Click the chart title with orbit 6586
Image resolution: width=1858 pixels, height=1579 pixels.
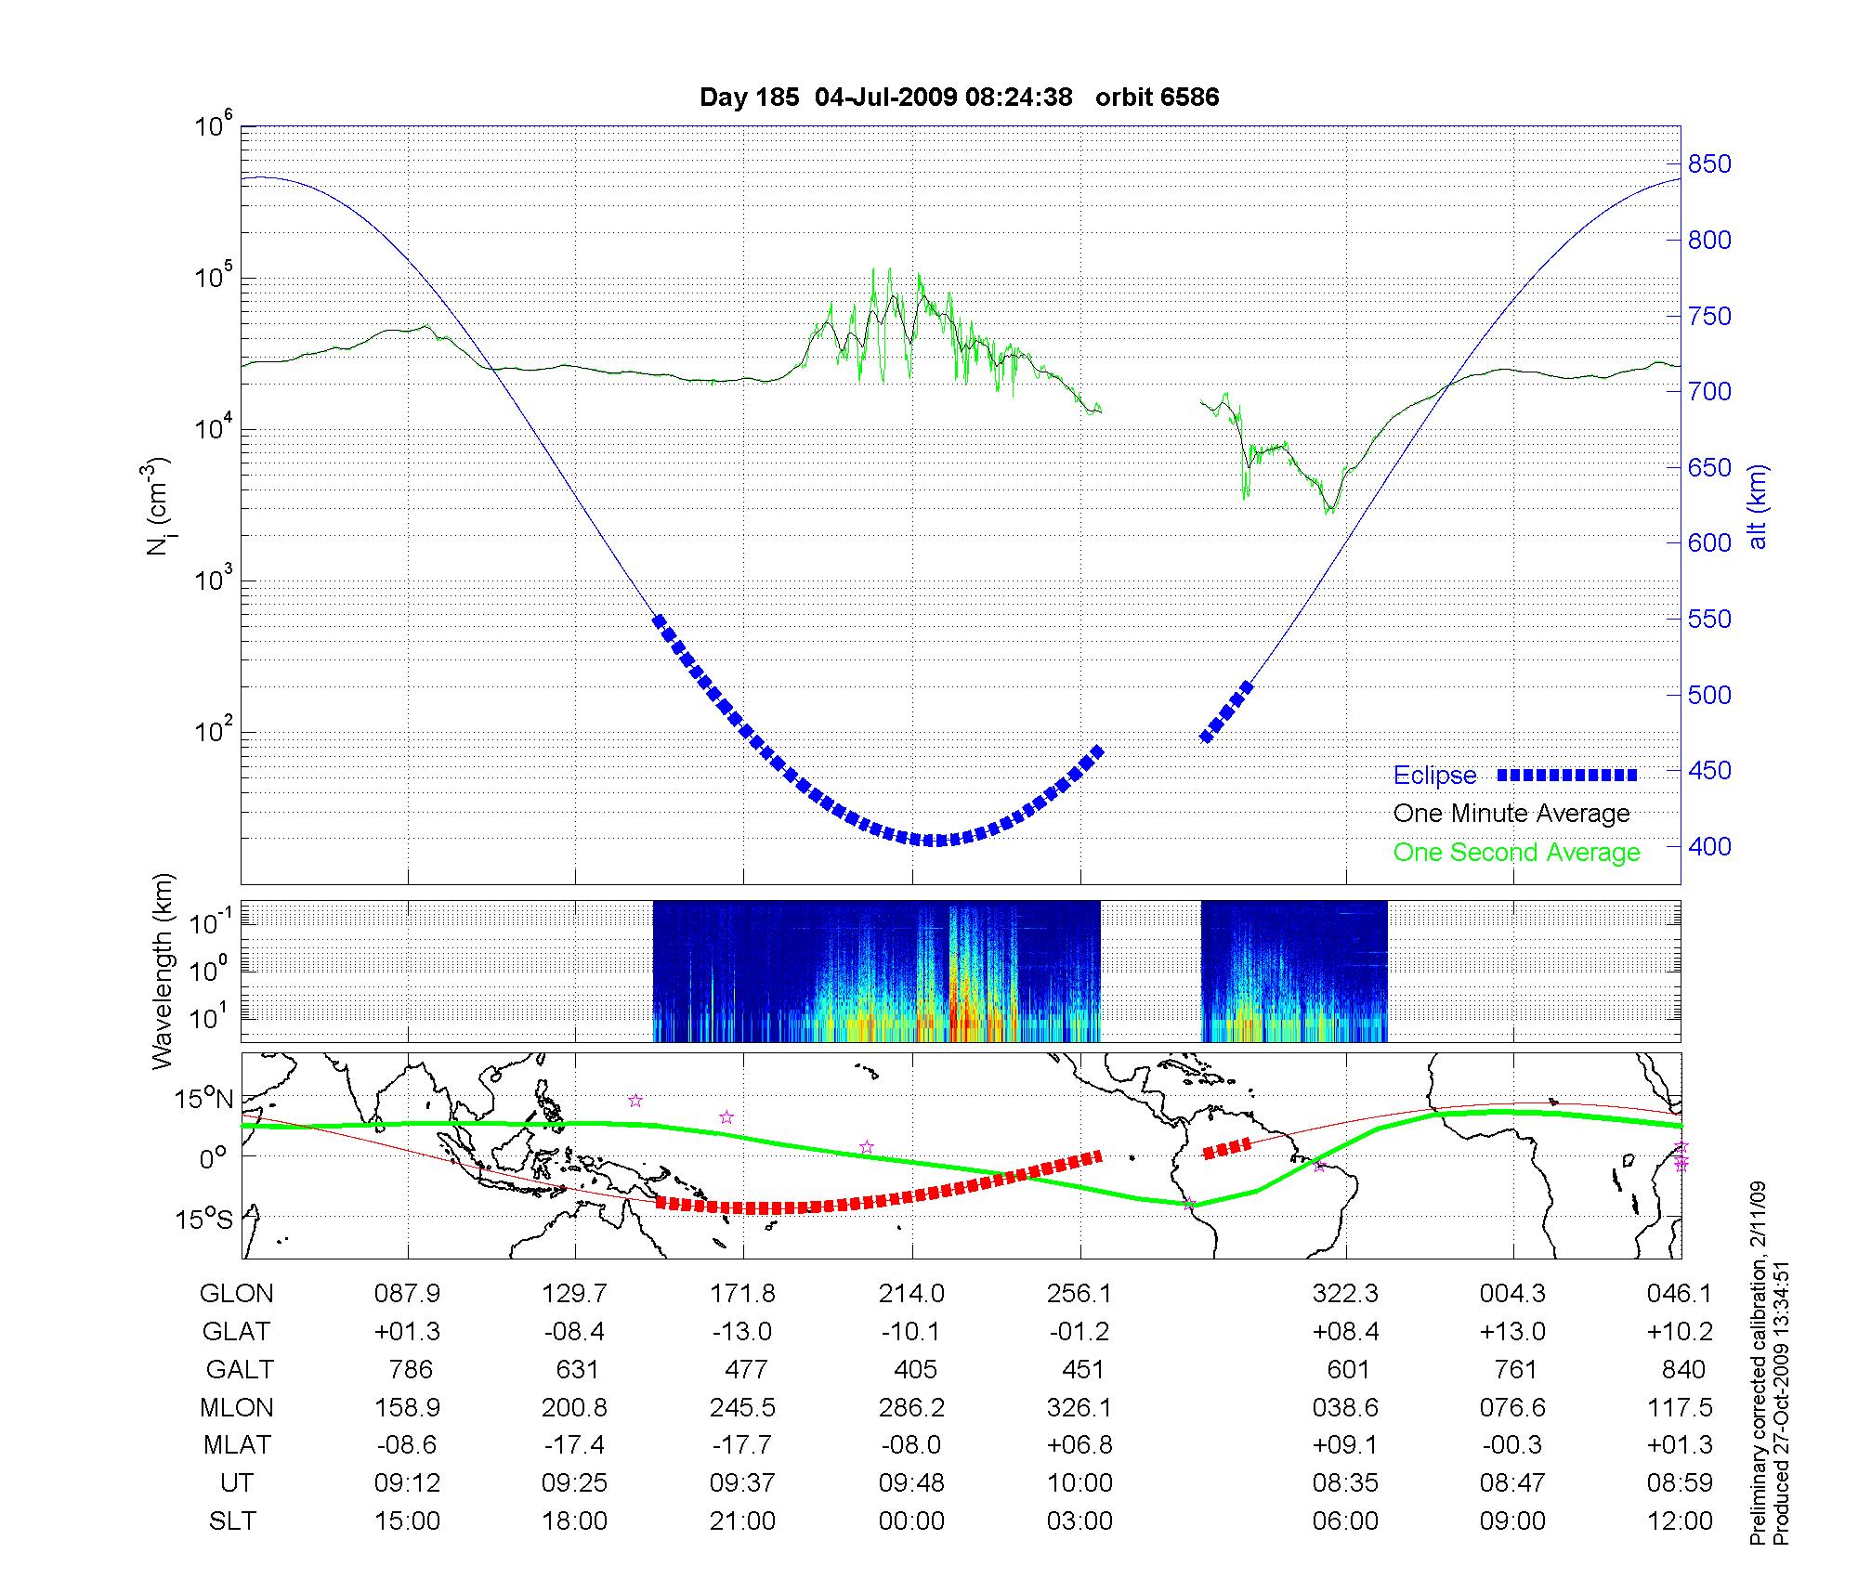pos(959,98)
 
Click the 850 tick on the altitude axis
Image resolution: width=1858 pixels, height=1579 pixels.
pos(1709,164)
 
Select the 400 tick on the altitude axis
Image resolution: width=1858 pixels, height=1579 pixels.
pos(1709,846)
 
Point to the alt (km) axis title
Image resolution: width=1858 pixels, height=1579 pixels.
pos(1758,506)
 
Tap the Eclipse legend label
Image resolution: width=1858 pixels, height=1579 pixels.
pos(1434,776)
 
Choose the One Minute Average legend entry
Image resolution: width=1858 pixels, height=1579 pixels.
pos(1511,814)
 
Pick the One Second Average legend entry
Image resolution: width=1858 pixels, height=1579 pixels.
pos(1516,853)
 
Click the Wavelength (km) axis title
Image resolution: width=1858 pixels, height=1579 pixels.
pos(164,972)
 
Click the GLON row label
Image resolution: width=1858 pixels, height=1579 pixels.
pos(237,1294)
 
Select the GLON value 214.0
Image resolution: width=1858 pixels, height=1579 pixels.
pos(911,1294)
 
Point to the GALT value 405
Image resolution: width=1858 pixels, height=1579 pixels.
pos(911,1370)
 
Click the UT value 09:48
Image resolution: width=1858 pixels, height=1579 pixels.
pos(911,1483)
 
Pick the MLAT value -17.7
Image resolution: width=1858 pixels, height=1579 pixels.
pos(742,1445)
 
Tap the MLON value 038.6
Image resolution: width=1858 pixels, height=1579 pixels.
pos(1345,1408)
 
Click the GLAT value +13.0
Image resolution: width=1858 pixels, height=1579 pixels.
pos(1512,1332)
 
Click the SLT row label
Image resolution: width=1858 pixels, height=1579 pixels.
pos(232,1521)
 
